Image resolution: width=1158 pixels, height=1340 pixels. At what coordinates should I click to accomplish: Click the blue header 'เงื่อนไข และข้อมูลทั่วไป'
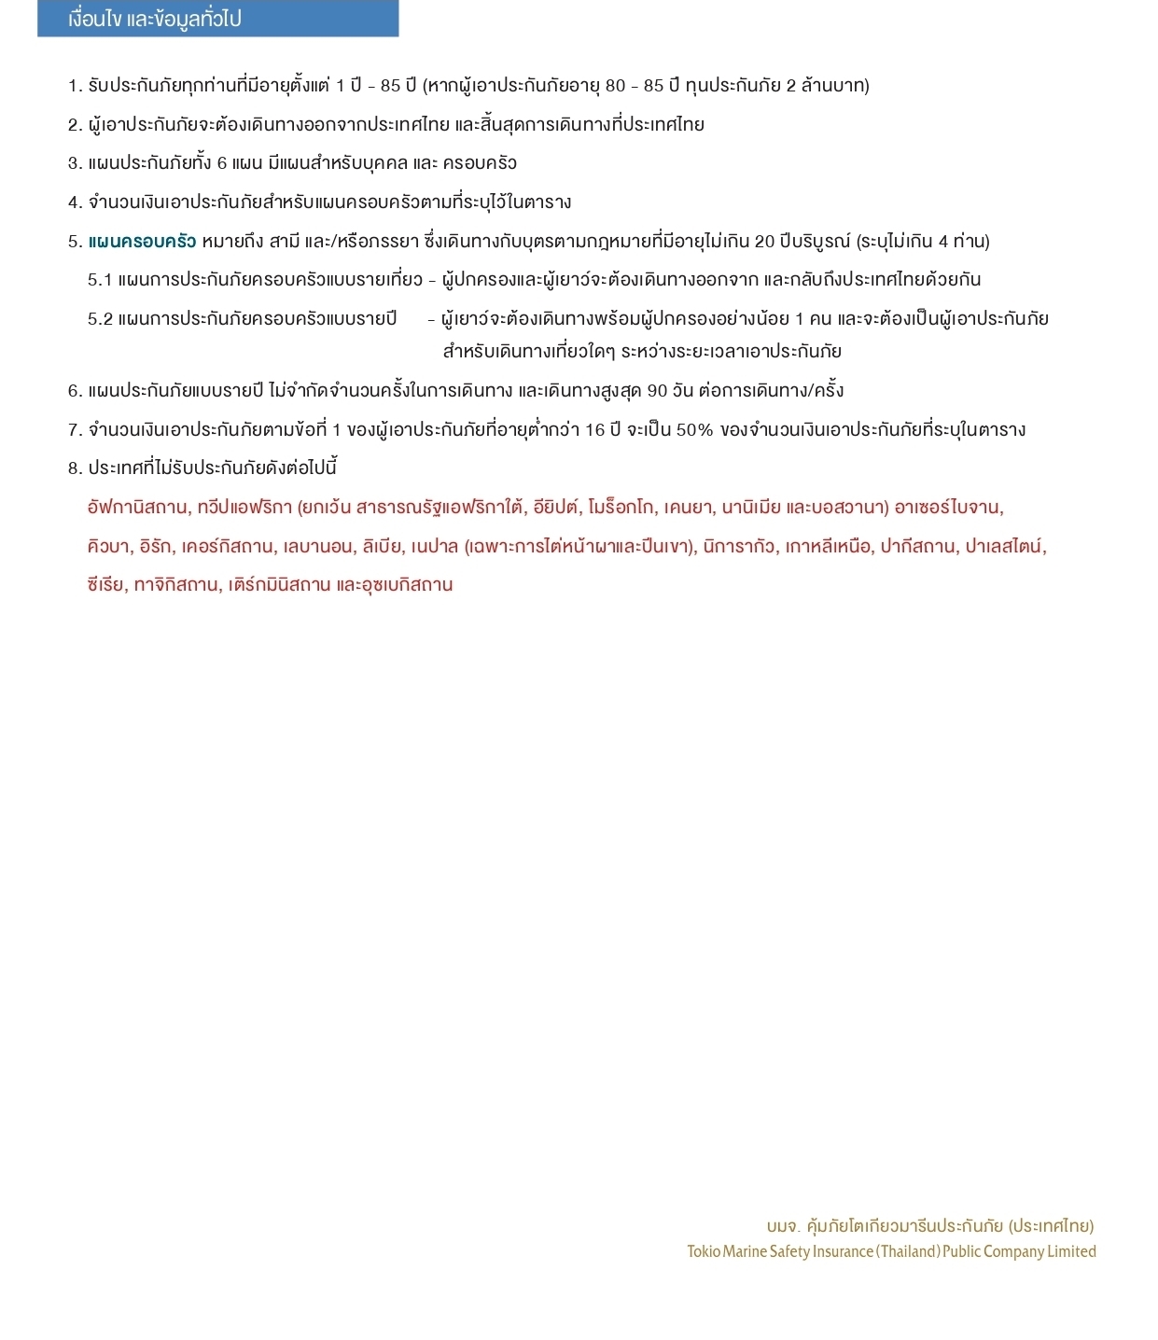(155, 19)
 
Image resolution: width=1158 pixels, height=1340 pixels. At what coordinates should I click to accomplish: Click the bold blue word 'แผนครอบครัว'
(142, 242)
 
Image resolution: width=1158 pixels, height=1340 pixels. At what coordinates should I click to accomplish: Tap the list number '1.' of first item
(75, 86)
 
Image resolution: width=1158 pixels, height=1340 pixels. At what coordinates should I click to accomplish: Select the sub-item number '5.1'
(100, 280)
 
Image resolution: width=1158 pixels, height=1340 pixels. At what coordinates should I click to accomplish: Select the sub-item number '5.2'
(100, 319)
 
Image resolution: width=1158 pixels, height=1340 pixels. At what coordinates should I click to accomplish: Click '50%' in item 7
(694, 430)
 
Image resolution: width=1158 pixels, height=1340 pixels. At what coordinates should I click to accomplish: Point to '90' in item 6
(657, 391)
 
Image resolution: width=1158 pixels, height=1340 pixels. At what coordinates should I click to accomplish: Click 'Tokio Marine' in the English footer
(727, 1252)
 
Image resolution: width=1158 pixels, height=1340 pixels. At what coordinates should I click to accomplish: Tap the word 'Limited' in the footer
(1071, 1252)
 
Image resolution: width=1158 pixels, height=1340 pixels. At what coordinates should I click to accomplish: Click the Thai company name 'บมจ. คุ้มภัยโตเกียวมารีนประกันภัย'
(885, 1226)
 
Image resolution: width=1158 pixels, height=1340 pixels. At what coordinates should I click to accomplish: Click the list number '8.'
(75, 468)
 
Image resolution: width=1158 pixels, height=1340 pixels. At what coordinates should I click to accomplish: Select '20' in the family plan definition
(764, 242)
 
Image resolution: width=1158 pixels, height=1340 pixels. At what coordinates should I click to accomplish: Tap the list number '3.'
(75, 163)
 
